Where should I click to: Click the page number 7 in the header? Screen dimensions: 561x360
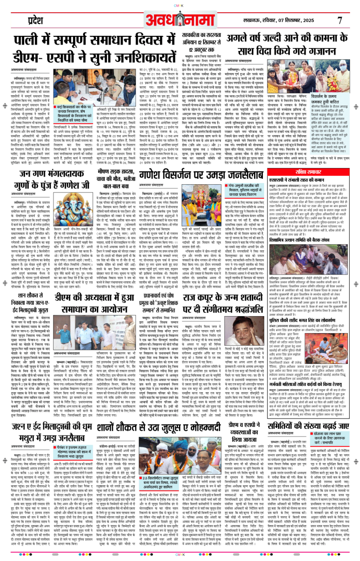(340, 20)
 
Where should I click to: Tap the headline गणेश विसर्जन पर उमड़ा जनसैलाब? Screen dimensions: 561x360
(201, 175)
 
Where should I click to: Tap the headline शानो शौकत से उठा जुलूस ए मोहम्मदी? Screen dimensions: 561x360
(159, 427)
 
